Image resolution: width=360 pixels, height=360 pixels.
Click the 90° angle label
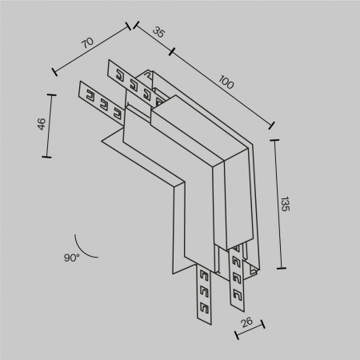(x=72, y=258)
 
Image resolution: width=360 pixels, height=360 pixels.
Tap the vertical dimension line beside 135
(x=278, y=204)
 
